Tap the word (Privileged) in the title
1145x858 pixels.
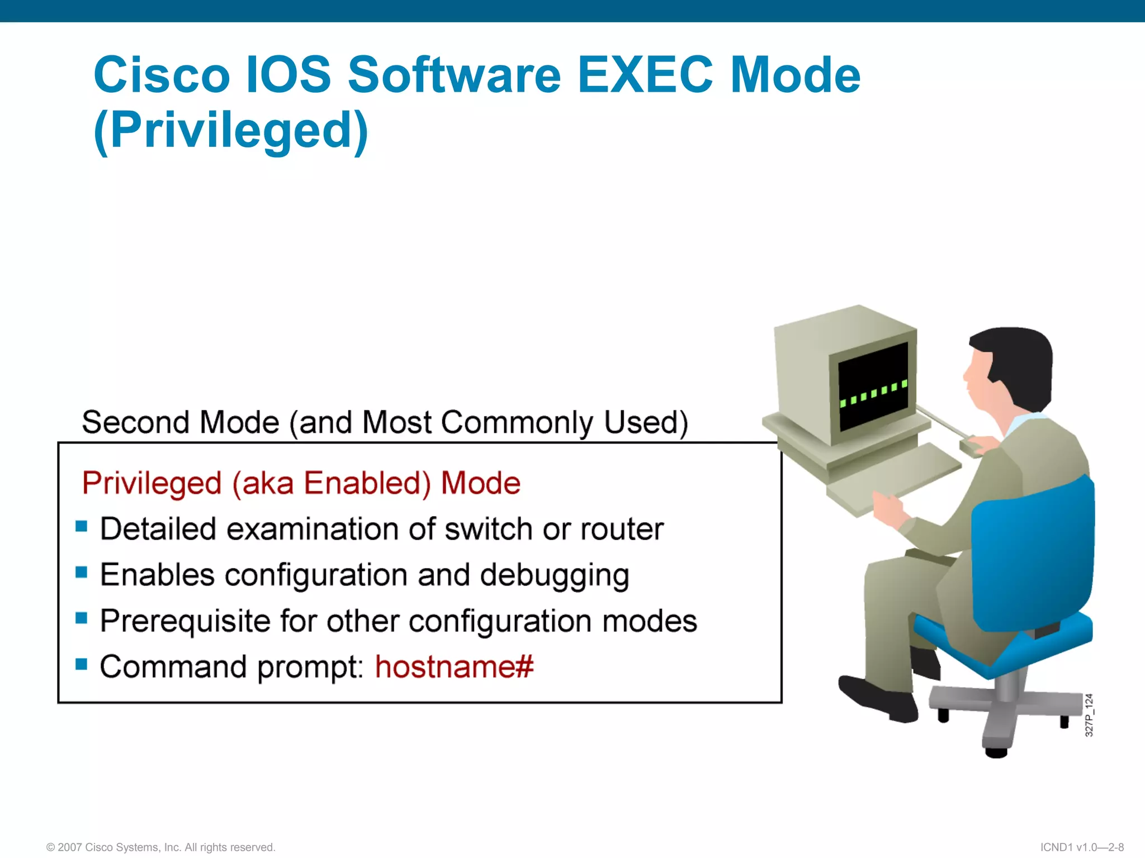tap(231, 131)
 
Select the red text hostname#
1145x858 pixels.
tap(454, 666)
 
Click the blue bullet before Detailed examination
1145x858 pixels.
tap(82, 526)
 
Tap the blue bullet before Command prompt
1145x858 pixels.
tap(82, 664)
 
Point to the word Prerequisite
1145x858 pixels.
tap(184, 621)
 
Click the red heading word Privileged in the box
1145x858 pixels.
tap(152, 483)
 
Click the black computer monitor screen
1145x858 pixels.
tap(873, 385)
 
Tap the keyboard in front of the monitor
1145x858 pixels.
tap(895, 475)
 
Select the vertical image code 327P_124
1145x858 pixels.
tap(1089, 716)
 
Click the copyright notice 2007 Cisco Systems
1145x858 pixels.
tap(161, 847)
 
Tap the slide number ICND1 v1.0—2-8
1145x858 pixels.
tap(1082, 847)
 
